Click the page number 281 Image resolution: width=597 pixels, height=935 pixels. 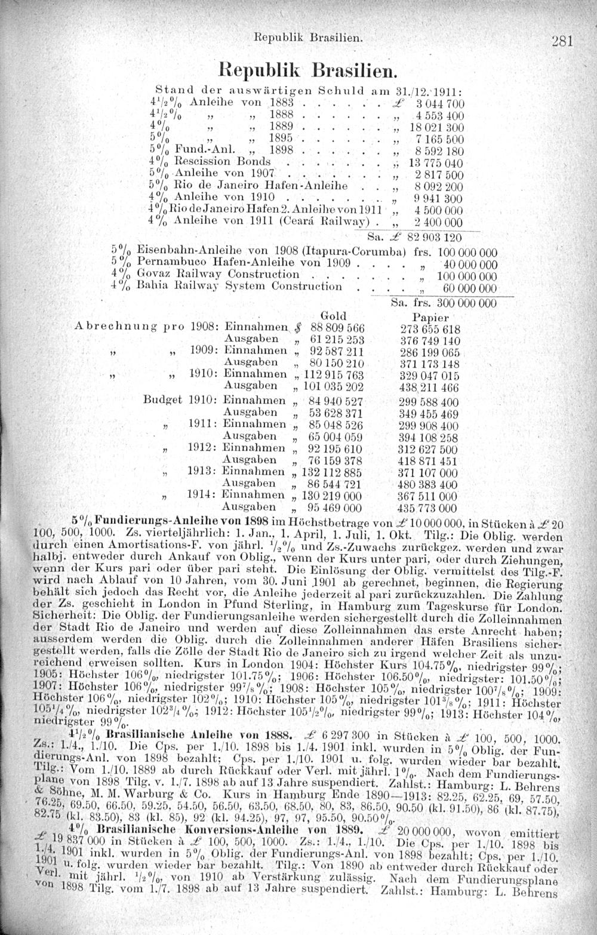562,41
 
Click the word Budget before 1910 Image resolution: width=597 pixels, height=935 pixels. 163,399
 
